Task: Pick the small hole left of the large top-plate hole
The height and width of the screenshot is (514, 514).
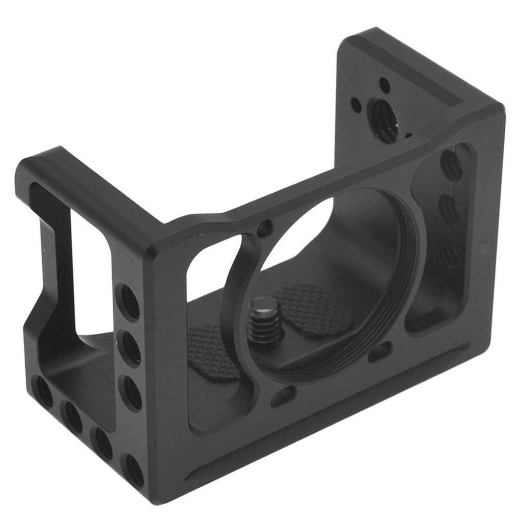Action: tap(356, 104)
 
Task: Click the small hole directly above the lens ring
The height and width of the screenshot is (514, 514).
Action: tap(265, 228)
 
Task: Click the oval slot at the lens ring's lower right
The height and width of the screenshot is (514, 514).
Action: tap(380, 352)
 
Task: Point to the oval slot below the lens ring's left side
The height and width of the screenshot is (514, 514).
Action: tap(283, 396)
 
